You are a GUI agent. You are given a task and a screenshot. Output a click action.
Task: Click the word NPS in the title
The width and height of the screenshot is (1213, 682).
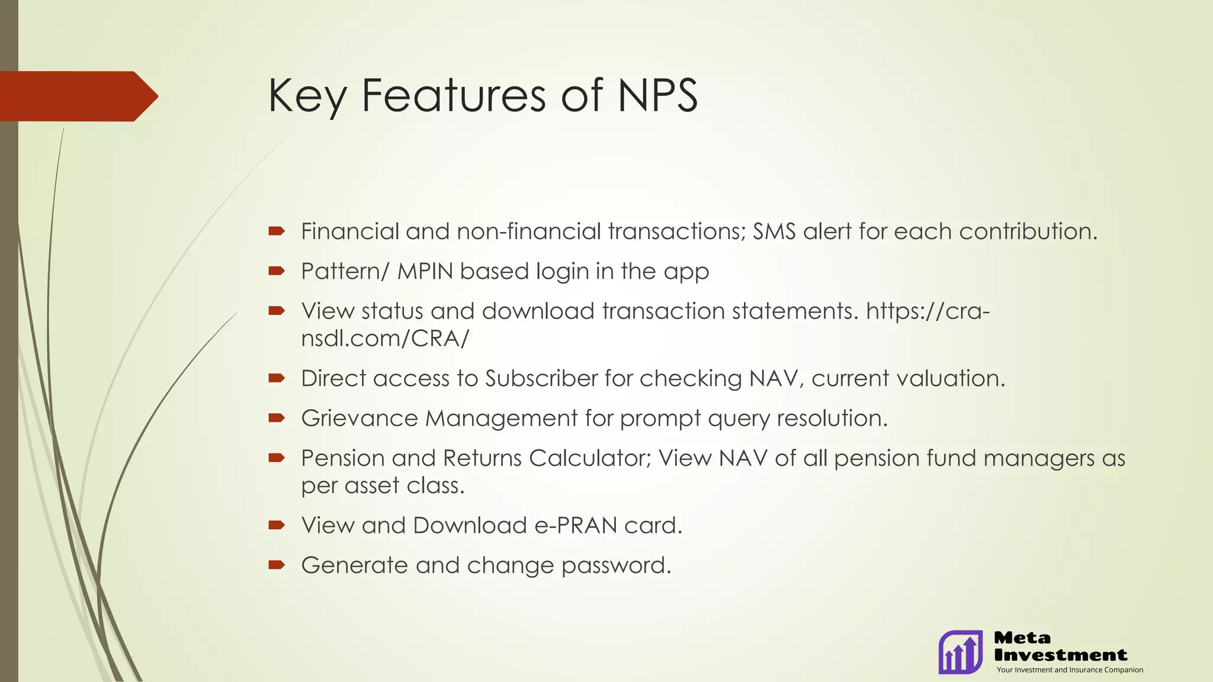657,96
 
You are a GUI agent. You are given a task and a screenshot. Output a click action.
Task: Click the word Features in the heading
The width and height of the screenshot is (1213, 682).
453,96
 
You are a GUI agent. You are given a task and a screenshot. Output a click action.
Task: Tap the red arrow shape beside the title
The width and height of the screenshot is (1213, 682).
77,96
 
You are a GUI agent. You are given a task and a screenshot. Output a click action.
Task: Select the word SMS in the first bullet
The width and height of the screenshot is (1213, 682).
774,231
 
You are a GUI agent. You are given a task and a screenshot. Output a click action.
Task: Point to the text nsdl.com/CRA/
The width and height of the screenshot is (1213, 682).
385,339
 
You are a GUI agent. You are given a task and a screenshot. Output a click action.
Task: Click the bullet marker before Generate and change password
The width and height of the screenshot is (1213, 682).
277,565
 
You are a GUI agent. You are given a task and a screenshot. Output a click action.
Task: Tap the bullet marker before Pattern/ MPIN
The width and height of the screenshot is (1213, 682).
277,271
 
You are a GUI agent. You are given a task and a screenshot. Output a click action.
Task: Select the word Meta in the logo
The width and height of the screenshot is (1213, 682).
1022,638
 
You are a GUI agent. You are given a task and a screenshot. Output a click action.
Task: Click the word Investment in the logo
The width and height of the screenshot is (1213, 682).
1060,655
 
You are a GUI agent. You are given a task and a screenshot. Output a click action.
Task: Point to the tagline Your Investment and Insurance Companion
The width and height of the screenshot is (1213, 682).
1070,670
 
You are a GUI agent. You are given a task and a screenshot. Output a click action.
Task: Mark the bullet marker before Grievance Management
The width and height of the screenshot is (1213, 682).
277,418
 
